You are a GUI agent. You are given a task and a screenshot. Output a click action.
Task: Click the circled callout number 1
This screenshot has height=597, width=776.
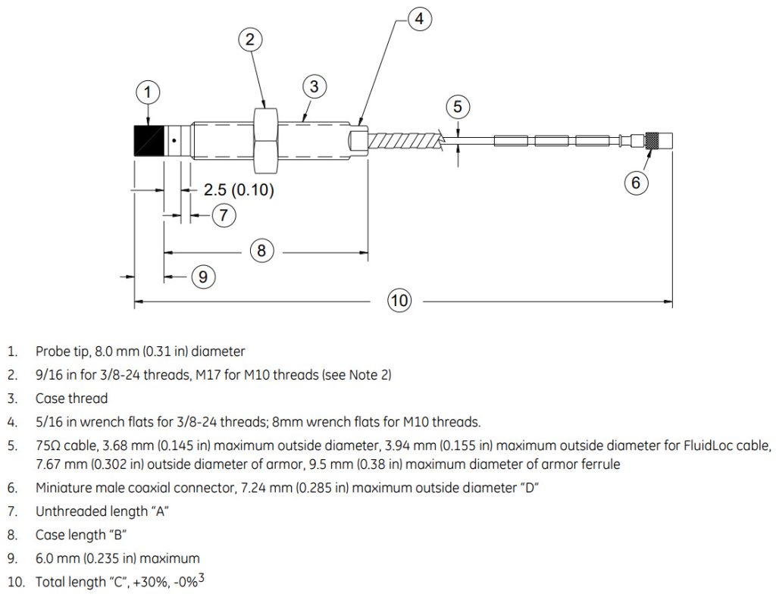point(148,92)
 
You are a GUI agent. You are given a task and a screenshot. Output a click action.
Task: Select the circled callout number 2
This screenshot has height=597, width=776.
point(250,39)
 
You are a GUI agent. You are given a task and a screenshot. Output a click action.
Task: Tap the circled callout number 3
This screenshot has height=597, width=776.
point(314,86)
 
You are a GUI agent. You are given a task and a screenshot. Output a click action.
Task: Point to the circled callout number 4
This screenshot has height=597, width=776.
point(419,19)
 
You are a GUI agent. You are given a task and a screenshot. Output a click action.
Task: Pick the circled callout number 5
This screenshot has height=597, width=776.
point(458,106)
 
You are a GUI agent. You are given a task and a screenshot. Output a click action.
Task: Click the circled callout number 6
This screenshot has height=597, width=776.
point(636,183)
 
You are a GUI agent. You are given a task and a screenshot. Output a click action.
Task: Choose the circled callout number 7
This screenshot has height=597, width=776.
point(224,215)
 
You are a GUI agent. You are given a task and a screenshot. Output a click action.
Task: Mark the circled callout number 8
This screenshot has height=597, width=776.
point(261,250)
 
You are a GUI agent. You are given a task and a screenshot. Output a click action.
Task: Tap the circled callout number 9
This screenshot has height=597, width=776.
point(203,276)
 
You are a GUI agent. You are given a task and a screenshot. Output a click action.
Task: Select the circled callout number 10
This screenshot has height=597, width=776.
point(399,300)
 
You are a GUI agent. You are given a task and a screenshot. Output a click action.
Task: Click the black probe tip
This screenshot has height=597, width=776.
point(149,140)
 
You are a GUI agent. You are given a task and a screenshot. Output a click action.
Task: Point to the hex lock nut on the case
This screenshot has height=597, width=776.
point(268,140)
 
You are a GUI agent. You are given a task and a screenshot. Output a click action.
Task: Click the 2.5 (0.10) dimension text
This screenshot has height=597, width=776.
point(239,189)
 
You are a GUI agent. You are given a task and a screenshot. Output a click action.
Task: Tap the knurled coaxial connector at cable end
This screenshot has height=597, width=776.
point(652,140)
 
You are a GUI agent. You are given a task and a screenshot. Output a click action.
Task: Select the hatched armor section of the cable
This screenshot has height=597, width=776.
point(405,140)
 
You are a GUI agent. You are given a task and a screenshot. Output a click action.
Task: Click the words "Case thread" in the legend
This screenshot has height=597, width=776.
point(72,399)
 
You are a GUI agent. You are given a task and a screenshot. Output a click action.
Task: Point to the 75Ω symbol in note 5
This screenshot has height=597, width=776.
point(48,445)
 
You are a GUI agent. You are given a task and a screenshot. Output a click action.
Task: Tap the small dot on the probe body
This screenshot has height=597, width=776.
point(174,140)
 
